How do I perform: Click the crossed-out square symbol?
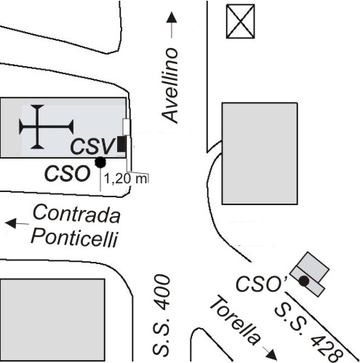(240, 22)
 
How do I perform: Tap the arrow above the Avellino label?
(172, 25)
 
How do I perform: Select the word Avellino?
(170, 86)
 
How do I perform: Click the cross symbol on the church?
(46, 127)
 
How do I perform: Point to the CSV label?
(92, 146)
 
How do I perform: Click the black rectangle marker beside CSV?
(121, 144)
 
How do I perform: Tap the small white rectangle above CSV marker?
(127, 127)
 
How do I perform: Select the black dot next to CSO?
(100, 162)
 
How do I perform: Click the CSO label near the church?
(67, 173)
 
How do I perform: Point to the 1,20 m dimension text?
(126, 179)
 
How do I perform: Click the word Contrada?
(76, 214)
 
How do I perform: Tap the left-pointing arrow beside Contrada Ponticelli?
(17, 223)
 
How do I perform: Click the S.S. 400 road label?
(161, 316)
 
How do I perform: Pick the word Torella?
(236, 319)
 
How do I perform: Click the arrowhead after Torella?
(272, 355)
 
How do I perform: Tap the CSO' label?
(261, 284)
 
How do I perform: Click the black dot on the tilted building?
(304, 281)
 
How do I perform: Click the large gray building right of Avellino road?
(260, 153)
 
